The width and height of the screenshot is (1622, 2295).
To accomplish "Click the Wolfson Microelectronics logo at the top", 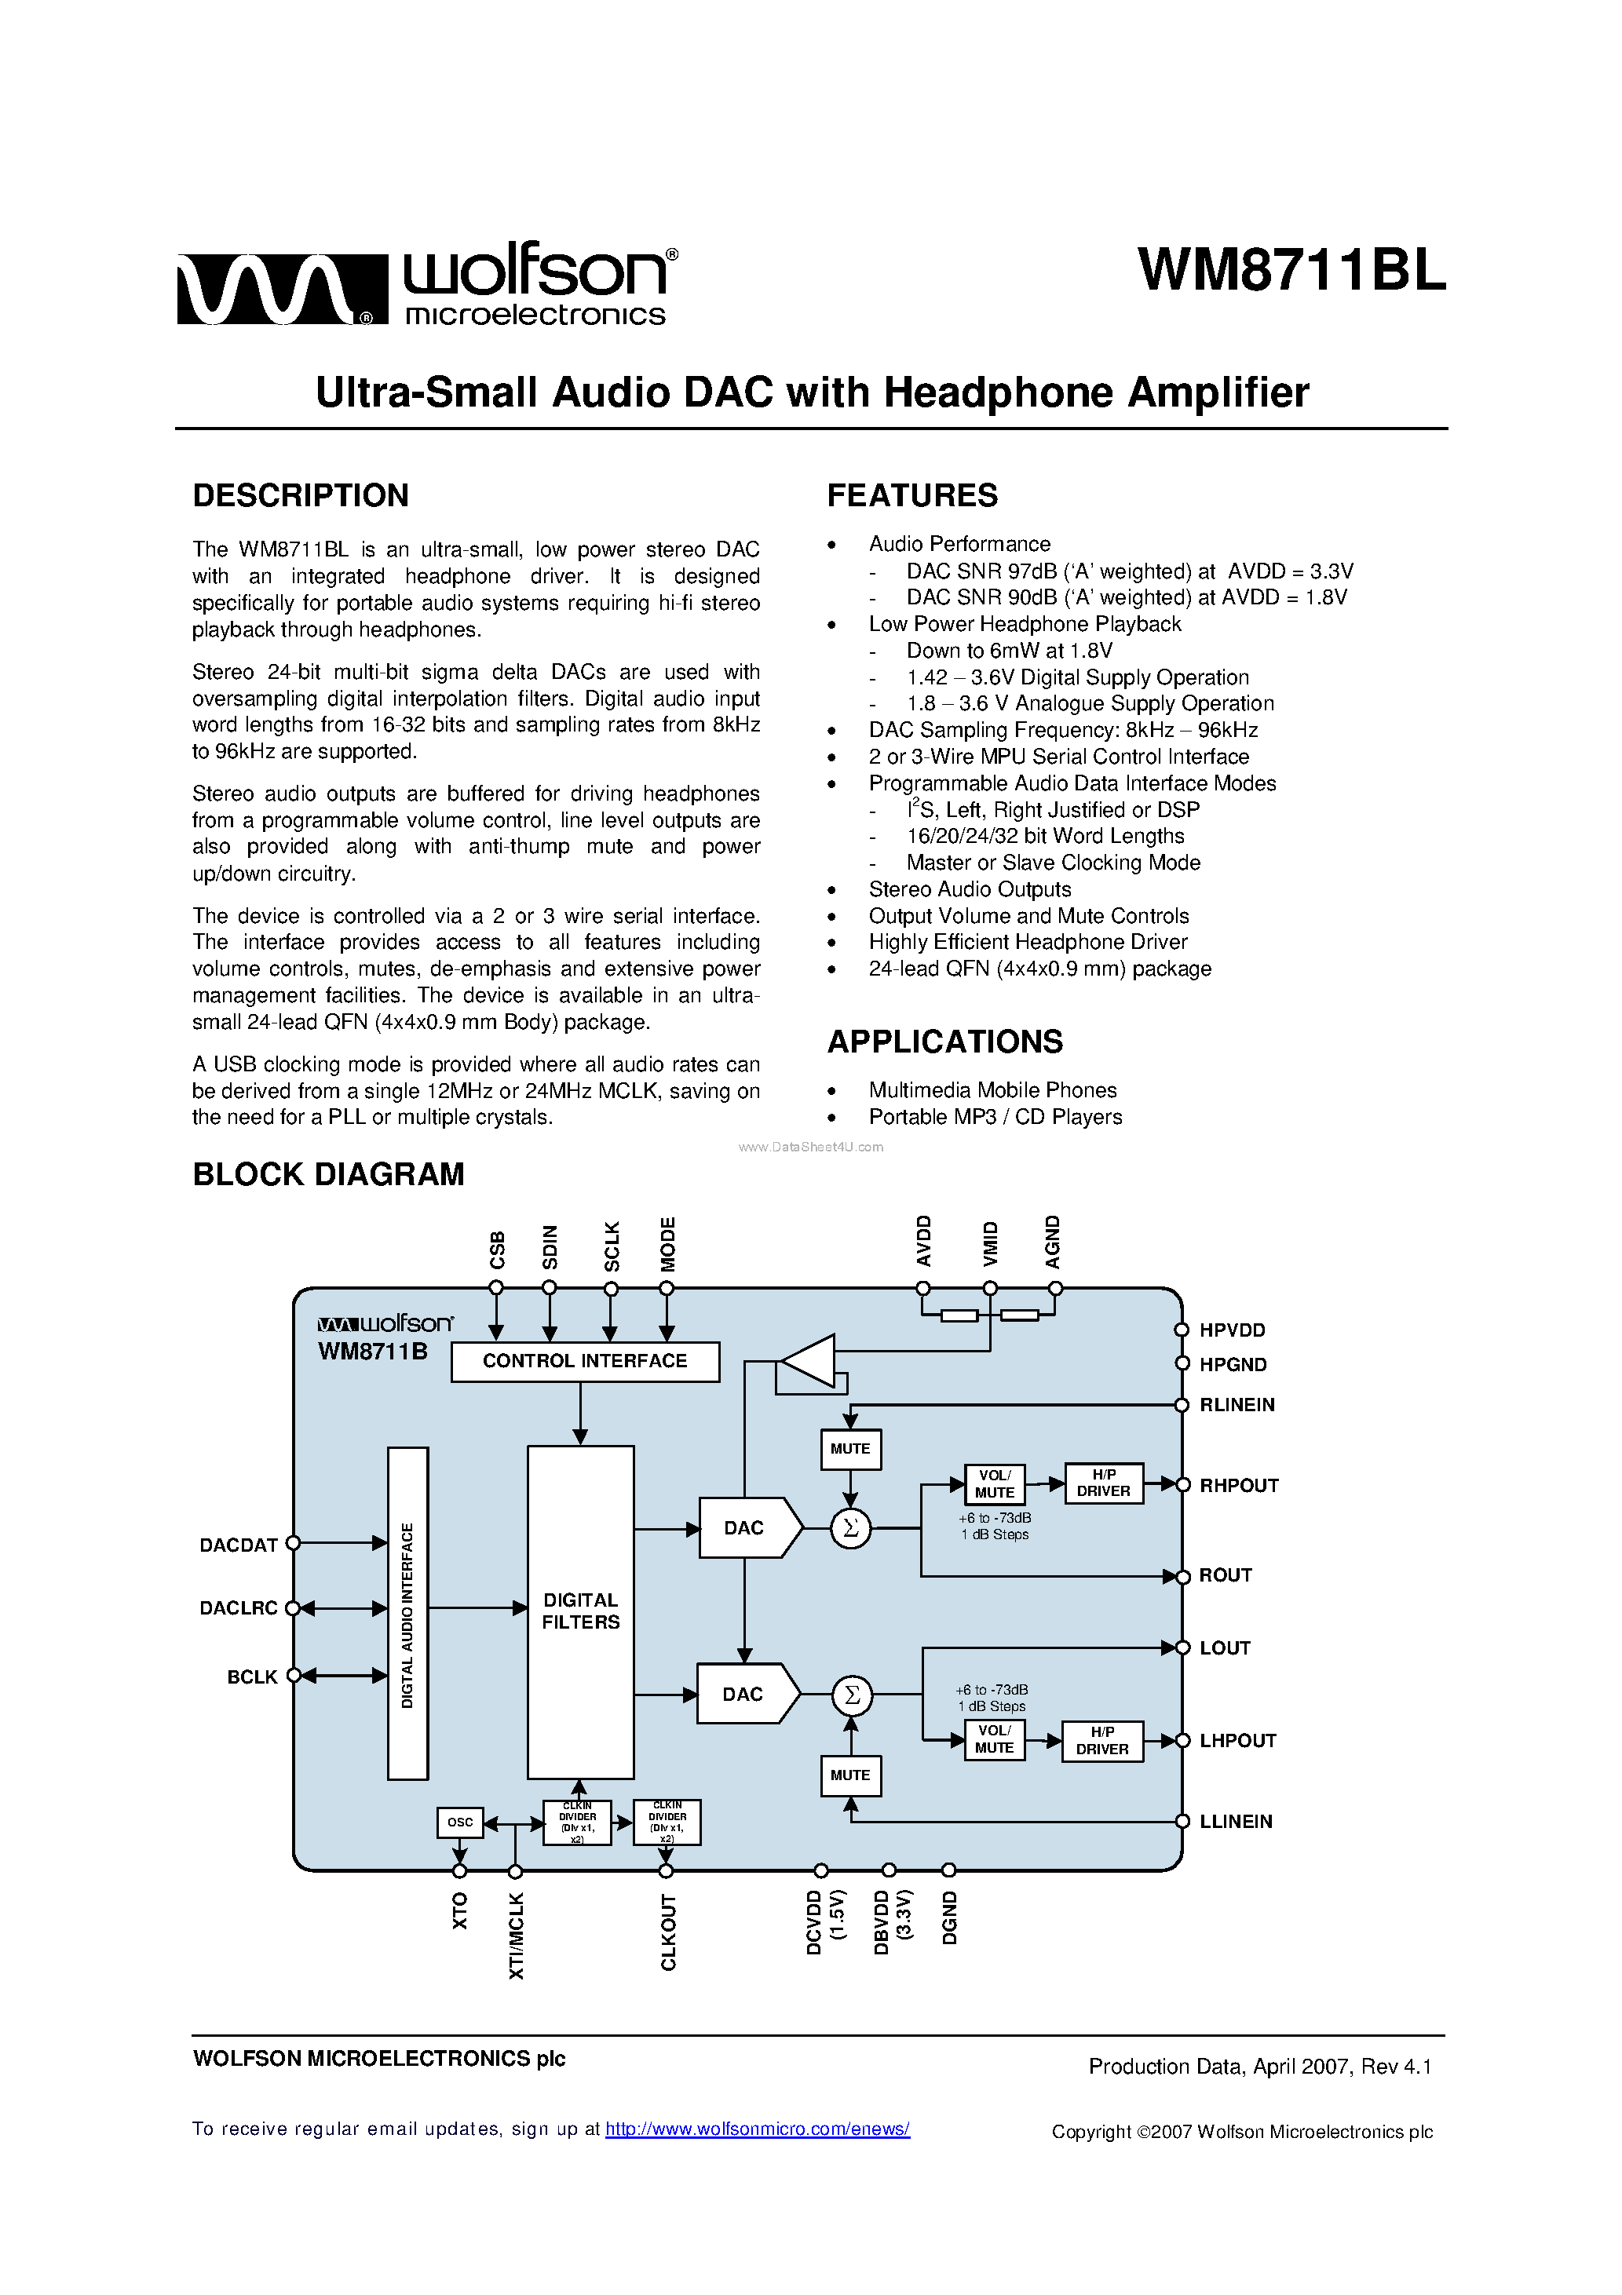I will (x=427, y=285).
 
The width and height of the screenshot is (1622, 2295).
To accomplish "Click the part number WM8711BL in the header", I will (x=1291, y=270).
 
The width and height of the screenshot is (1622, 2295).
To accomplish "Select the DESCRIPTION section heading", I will (x=300, y=496).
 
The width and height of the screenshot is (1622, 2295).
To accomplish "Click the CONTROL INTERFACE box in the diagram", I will (x=584, y=1362).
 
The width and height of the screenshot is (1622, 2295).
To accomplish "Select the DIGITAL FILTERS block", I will (x=580, y=1611).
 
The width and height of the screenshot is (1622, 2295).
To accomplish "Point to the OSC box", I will (x=460, y=1822).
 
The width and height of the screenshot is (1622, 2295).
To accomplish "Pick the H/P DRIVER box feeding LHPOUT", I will (x=1102, y=1741).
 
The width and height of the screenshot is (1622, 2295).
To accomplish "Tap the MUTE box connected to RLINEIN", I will (x=850, y=1448).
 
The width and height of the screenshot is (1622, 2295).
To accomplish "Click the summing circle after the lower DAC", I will (x=852, y=1695).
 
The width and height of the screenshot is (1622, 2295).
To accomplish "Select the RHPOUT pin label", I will (x=1238, y=1485).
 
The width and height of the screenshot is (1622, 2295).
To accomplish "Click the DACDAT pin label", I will (x=238, y=1545).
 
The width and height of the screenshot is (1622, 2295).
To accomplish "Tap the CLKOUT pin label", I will (x=668, y=1932).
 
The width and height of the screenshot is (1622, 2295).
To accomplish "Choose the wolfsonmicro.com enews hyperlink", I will (x=757, y=2129).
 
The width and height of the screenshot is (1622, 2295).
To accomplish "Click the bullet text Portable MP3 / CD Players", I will (x=995, y=1117).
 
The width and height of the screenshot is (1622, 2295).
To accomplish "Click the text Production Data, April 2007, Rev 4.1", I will (x=1260, y=2066).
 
